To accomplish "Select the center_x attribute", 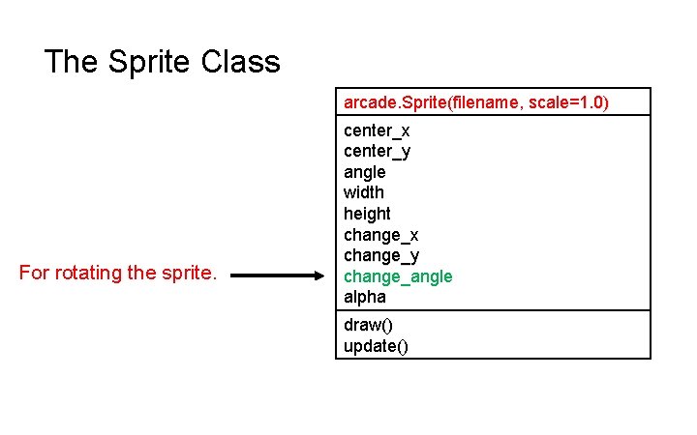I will point(377,130).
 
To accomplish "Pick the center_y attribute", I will point(377,151).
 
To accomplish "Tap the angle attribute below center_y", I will point(364,172).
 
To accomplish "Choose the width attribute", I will point(363,192).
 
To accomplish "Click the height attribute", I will point(367,214).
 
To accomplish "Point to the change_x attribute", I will point(380,235).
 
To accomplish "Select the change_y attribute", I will point(380,255).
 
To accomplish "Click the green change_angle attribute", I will point(398,276).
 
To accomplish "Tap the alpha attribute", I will point(364,297).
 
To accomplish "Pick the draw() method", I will point(366,326).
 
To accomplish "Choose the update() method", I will point(376,346).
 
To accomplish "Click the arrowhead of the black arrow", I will point(322,275).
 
